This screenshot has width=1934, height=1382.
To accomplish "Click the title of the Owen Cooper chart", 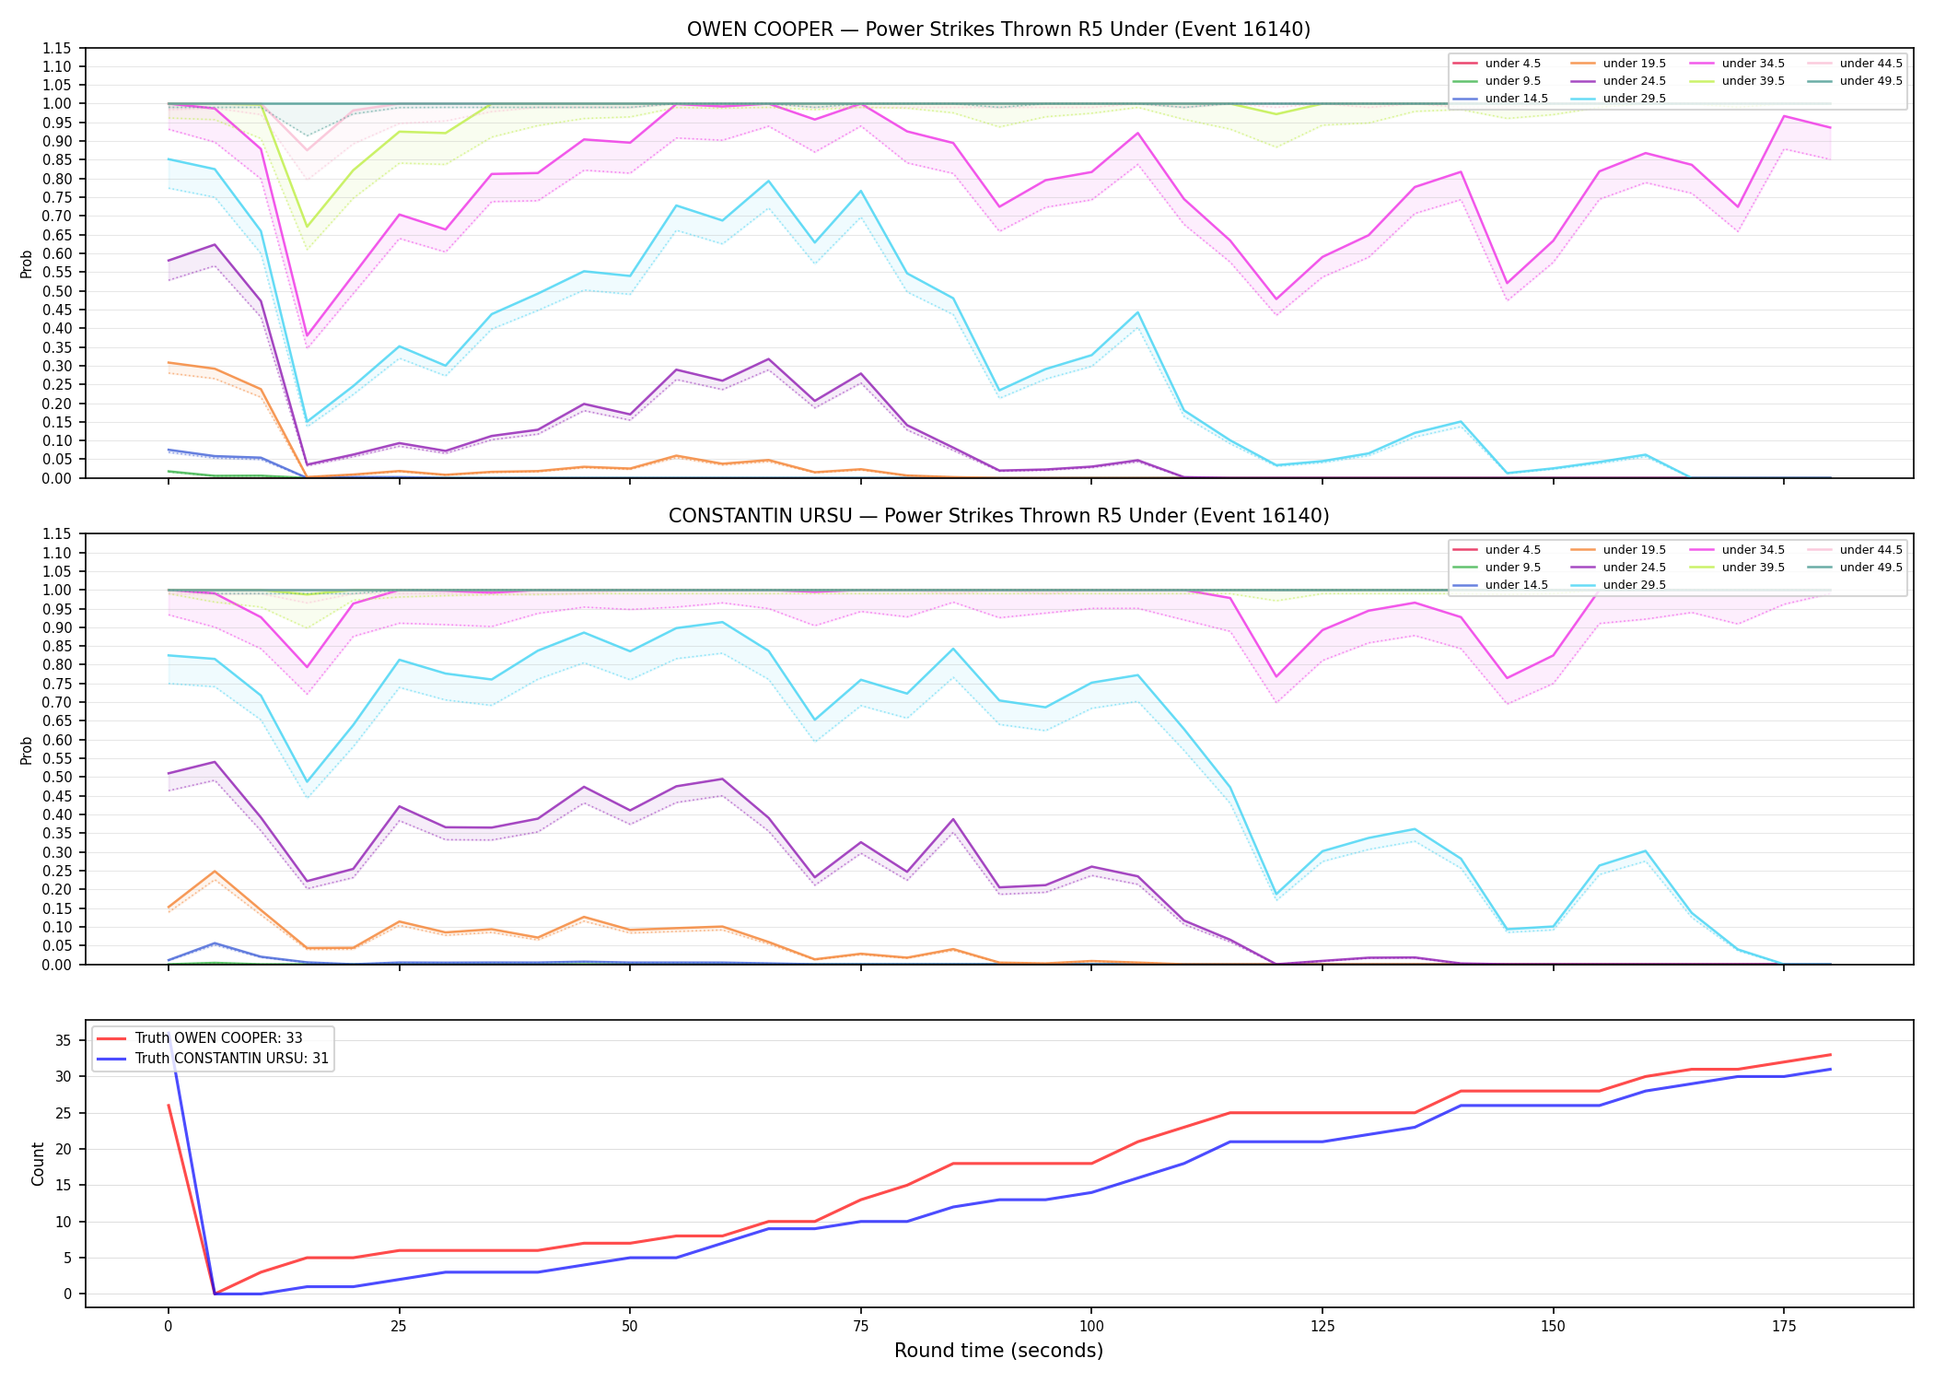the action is [x=998, y=29].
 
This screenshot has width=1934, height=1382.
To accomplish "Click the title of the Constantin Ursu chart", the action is [x=998, y=516].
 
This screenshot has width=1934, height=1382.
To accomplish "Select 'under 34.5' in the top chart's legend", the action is [x=1753, y=64].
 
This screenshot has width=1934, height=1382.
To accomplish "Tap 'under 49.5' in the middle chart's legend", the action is [x=1871, y=568].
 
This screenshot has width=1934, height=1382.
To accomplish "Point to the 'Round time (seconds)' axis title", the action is [x=998, y=1351].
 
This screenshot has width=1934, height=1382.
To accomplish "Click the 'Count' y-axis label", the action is [x=38, y=1164].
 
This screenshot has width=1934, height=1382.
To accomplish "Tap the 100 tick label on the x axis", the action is [x=1090, y=1327].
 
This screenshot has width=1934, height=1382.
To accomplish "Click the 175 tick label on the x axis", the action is [x=1784, y=1327].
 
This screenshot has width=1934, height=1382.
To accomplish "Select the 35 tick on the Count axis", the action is [x=63, y=1041].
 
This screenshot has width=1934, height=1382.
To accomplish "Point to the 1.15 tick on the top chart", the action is [x=56, y=48].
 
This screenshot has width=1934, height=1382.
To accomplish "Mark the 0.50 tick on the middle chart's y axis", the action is [x=56, y=778].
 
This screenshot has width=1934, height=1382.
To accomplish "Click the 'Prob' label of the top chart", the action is [x=27, y=264].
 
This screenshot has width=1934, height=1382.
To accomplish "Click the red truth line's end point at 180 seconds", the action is [x=1830, y=1055].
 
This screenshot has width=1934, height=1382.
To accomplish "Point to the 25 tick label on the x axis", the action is [x=399, y=1327].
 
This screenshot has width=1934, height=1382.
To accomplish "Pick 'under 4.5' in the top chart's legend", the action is [x=1513, y=64].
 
